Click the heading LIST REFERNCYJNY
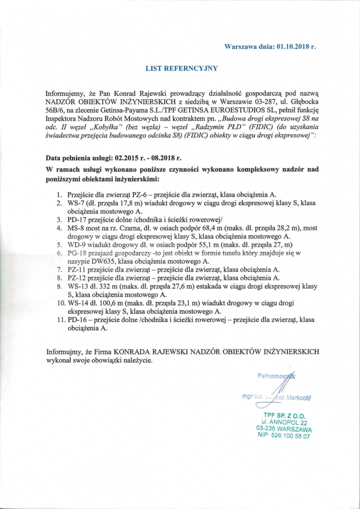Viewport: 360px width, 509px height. coord(181,68)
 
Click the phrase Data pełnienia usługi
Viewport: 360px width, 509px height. coord(79,160)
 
